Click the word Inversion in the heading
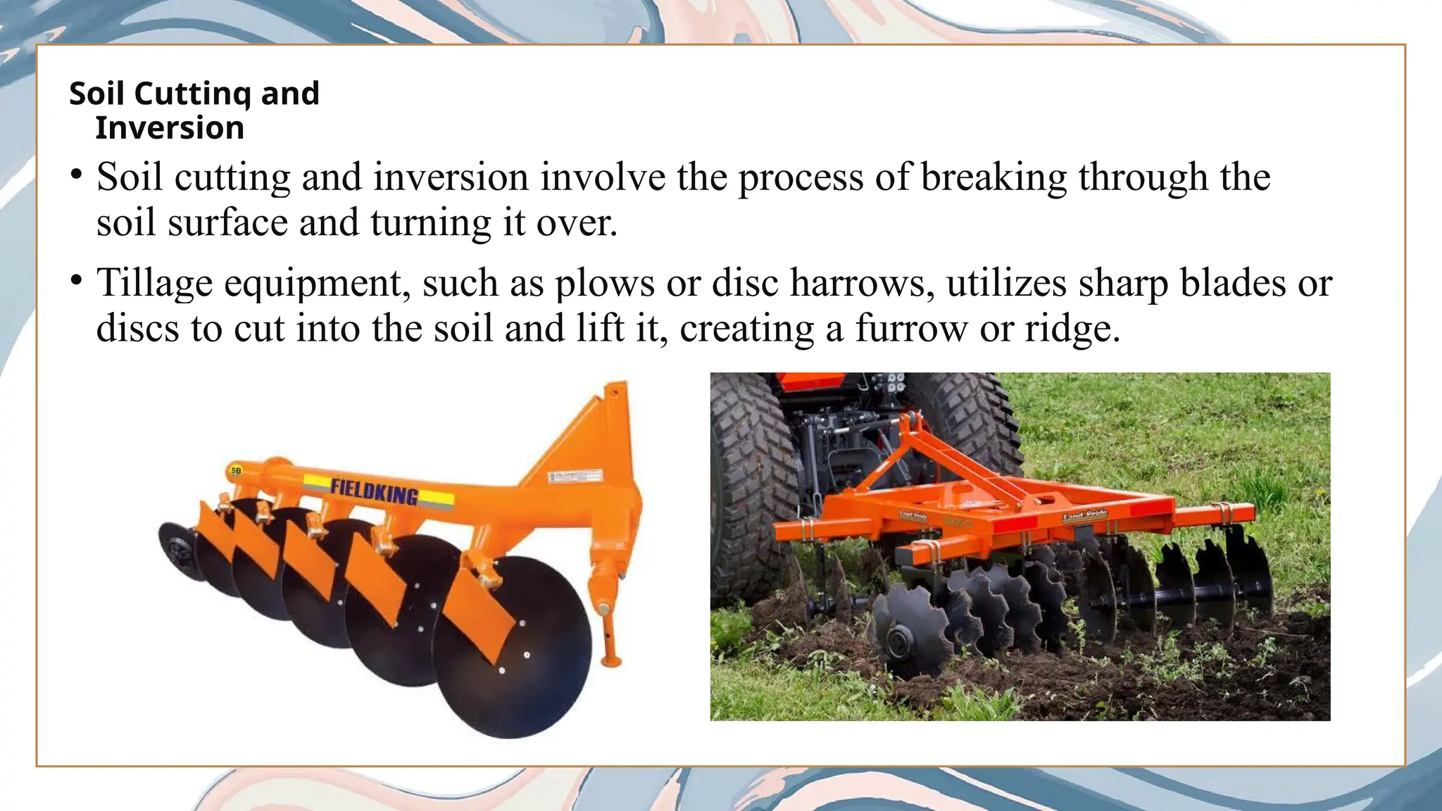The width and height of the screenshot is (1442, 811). click(x=170, y=128)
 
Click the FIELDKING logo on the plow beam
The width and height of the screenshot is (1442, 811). click(x=375, y=491)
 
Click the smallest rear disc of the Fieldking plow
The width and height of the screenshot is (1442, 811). click(x=180, y=551)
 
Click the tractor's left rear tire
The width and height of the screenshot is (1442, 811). click(x=750, y=486)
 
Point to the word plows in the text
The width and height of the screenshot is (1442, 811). click(x=605, y=283)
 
